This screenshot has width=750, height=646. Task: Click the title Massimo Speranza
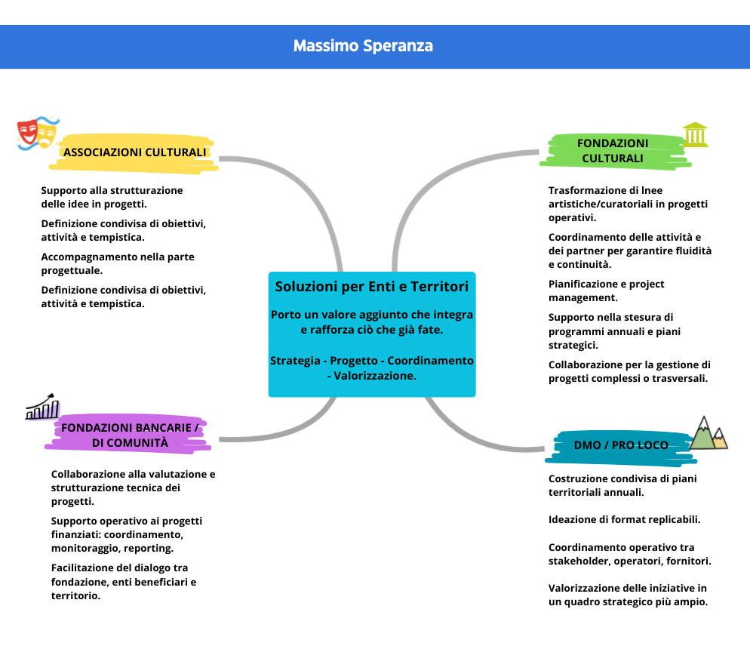363,46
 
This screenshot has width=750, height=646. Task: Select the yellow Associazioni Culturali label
135,152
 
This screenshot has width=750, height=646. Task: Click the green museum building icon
695,134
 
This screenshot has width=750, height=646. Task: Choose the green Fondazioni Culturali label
612,150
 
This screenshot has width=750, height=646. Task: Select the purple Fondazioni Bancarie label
130,435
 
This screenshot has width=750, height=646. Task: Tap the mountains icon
709,433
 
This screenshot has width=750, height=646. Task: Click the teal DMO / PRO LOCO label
620,445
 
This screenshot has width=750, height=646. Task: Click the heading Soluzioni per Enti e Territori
371,287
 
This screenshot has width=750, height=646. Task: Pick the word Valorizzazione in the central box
376,375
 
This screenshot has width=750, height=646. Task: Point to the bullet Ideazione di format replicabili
624,520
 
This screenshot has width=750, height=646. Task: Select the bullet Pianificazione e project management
607,291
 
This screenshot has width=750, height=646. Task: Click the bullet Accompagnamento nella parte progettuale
118,263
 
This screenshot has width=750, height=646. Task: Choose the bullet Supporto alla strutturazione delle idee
112,197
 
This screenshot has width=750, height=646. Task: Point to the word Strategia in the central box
295,361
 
